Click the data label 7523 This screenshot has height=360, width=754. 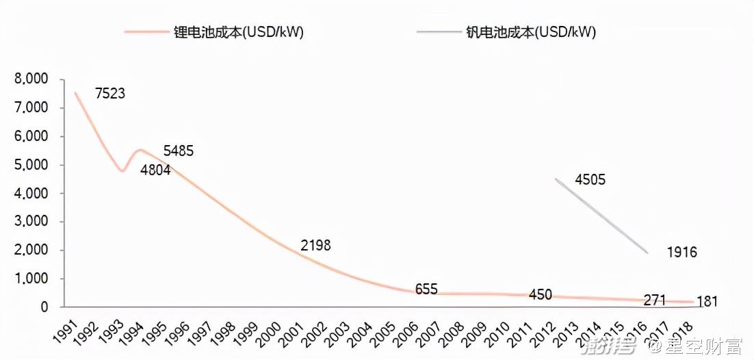(110, 94)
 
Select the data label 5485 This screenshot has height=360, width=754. (179, 151)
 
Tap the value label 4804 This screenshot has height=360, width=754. (155, 171)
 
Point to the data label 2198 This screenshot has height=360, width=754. (315, 245)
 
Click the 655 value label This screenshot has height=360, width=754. (426, 290)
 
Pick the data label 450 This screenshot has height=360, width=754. (541, 295)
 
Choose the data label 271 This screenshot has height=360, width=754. (655, 300)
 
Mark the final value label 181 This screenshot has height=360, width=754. (707, 301)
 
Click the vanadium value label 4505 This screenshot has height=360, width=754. (590, 180)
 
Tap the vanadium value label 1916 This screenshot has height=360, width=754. (682, 253)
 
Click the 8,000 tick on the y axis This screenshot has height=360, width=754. (31, 79)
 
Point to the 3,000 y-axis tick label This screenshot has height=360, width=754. (31, 222)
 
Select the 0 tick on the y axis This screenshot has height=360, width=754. (44, 307)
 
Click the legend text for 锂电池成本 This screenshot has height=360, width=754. (239, 32)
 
